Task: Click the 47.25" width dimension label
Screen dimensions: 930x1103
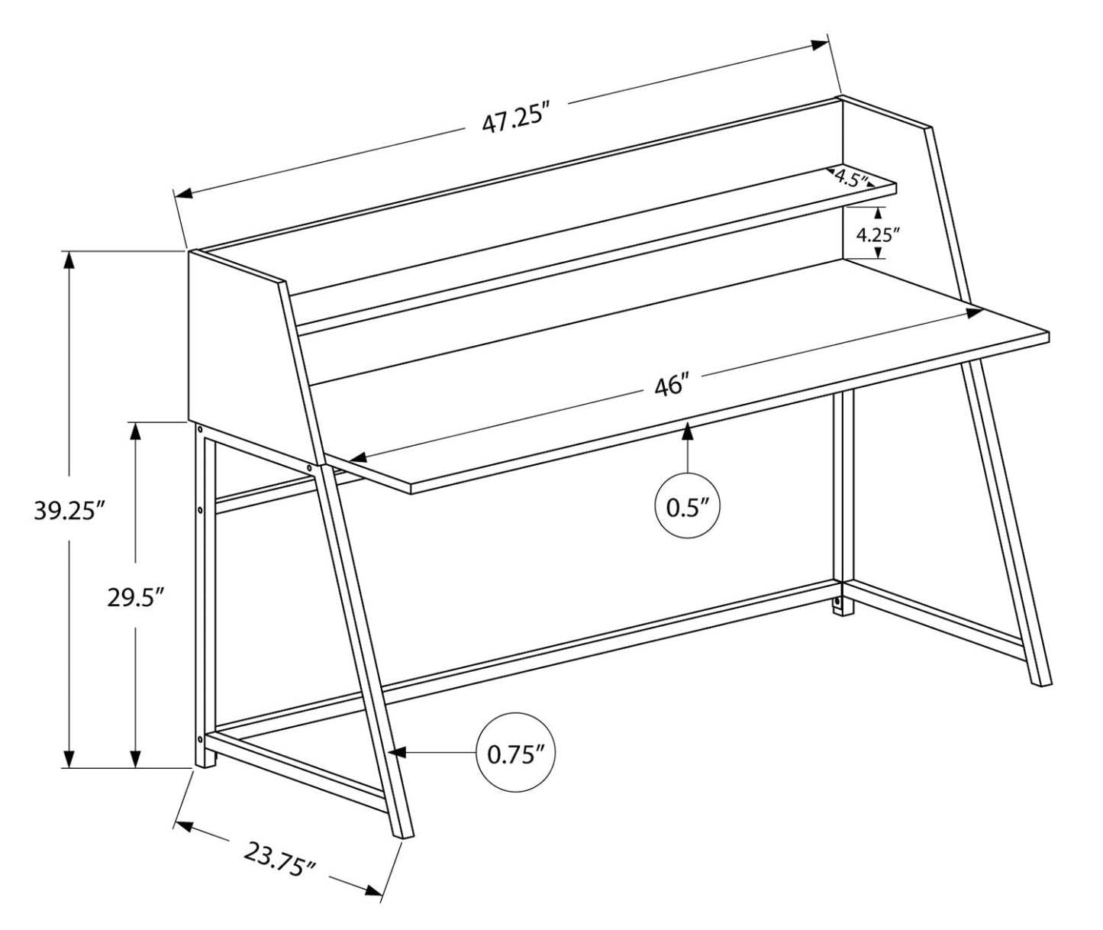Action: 516,120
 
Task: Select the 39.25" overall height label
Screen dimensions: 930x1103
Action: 68,510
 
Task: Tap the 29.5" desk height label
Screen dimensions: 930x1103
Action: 136,597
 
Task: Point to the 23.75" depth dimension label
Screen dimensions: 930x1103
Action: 279,859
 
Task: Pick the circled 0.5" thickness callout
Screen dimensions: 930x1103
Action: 688,506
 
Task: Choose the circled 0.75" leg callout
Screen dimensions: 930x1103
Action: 515,754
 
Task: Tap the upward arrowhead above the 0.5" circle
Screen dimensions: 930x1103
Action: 688,431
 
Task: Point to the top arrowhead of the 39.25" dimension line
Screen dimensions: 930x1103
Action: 69,260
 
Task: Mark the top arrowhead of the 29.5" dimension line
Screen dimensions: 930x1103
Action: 136,431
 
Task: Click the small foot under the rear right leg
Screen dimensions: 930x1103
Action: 840,605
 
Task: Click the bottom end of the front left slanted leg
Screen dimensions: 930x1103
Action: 402,834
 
